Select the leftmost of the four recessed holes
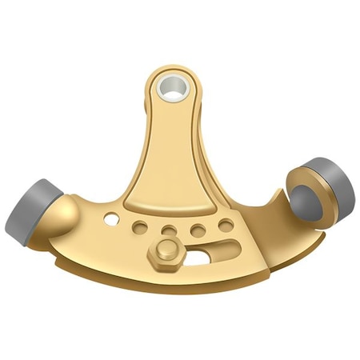tap(141, 227)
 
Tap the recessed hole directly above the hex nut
tap(169, 232)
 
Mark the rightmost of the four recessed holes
tap(226, 225)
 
